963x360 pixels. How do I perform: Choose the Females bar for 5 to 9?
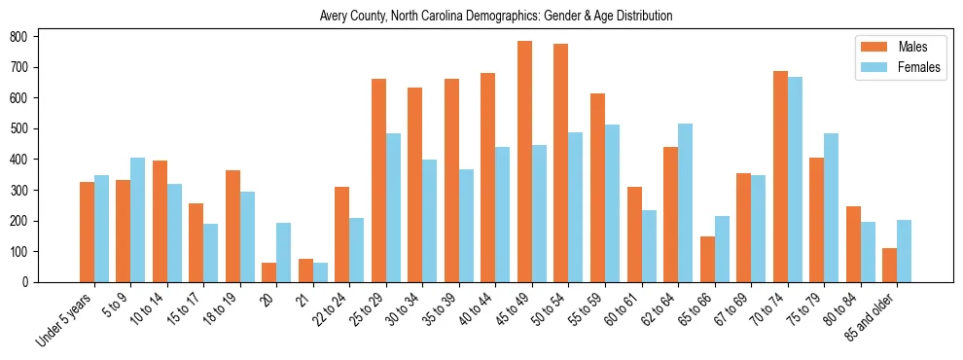[138, 220]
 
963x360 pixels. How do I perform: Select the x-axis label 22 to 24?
[331, 308]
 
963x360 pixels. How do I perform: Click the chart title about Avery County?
[496, 17]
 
